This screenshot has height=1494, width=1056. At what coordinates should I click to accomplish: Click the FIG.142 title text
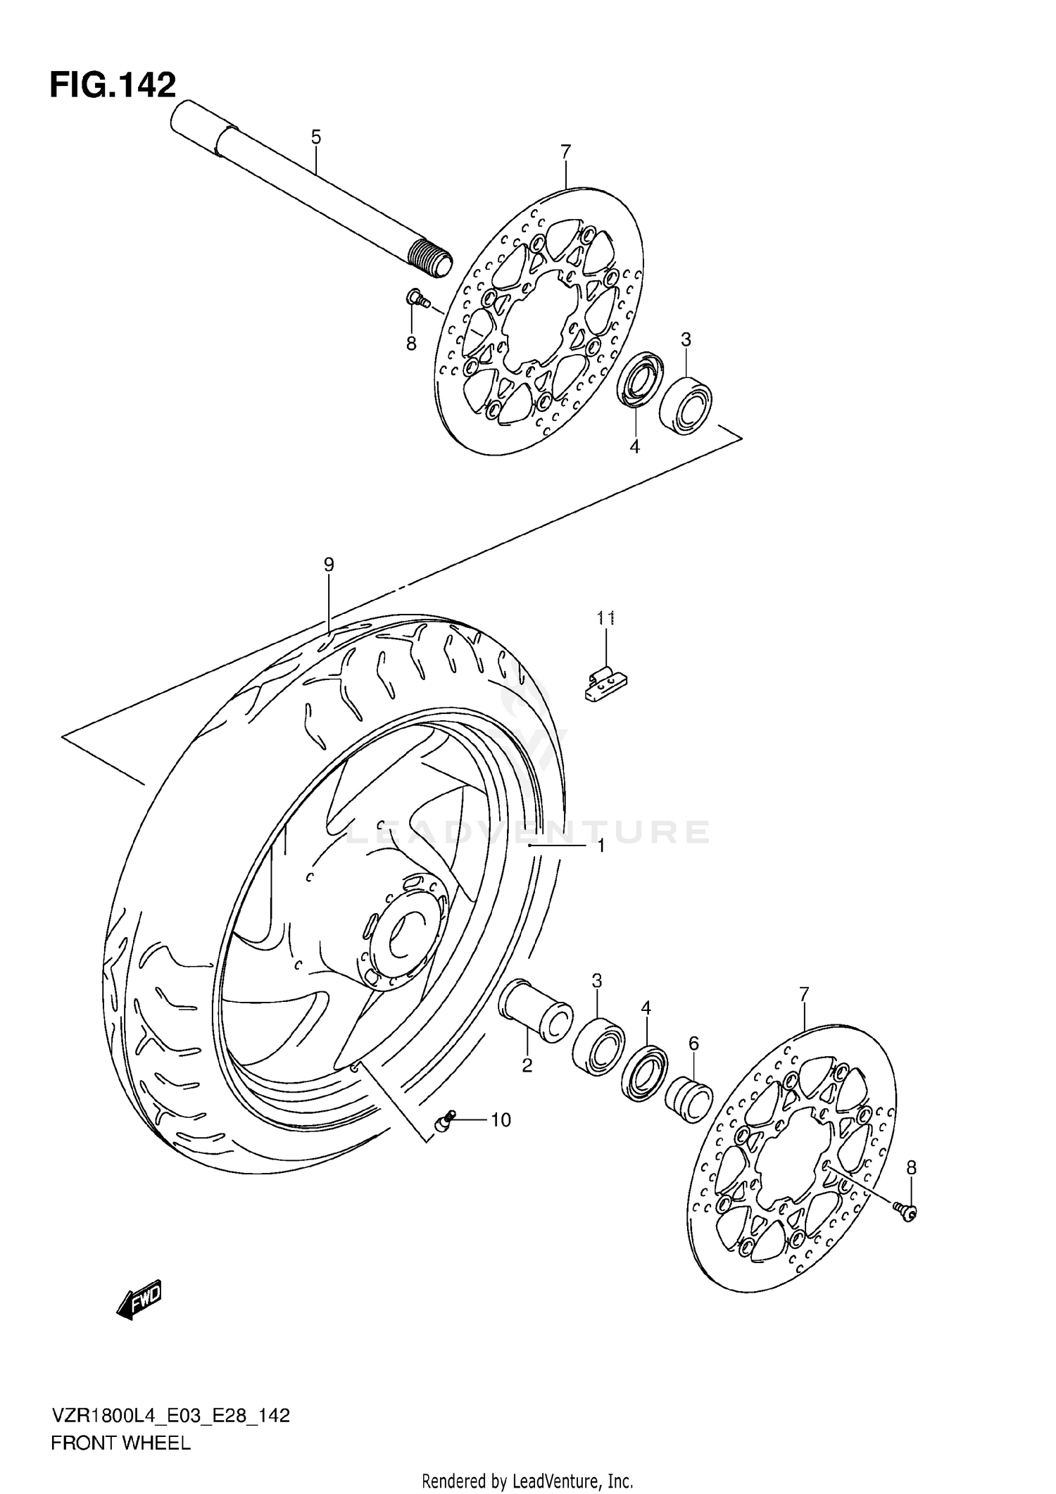[113, 85]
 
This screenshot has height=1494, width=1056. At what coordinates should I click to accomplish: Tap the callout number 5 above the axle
[315, 137]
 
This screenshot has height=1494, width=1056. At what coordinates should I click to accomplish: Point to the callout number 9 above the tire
[329, 564]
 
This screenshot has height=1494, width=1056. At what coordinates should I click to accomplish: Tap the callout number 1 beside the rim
[601, 846]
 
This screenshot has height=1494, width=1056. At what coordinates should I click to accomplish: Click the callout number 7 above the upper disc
[565, 151]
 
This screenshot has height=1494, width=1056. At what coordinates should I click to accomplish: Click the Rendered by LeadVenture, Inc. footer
[527, 1481]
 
